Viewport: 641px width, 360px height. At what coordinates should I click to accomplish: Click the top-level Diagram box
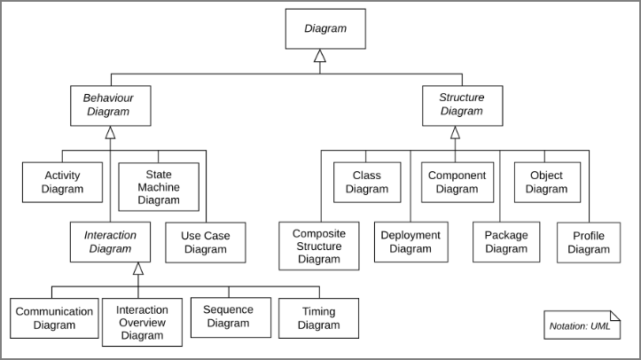click(x=325, y=29)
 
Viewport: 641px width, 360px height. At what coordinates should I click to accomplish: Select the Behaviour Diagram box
click(x=111, y=105)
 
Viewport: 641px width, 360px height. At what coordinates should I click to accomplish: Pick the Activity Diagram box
click(x=62, y=183)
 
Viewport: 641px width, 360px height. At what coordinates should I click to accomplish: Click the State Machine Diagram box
click(x=159, y=187)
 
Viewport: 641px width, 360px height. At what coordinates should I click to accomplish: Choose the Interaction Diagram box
click(x=111, y=242)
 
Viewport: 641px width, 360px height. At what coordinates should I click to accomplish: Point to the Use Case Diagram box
click(x=205, y=242)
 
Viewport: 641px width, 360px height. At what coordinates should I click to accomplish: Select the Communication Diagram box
click(x=54, y=318)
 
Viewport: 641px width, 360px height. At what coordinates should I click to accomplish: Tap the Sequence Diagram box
click(x=228, y=316)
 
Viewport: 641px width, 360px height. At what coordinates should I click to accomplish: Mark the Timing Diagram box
click(x=318, y=318)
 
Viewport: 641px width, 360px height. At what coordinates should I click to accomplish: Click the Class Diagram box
click(x=367, y=182)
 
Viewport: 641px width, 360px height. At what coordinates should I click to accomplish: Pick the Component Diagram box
click(x=457, y=182)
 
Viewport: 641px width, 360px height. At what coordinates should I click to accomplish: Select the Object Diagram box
click(x=546, y=182)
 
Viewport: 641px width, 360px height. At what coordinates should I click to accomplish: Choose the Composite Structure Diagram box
click(x=319, y=246)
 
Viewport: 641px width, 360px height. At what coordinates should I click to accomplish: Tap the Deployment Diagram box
click(x=410, y=242)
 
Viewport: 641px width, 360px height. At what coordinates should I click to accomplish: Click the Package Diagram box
click(x=506, y=242)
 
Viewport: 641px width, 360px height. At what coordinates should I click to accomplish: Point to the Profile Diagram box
click(x=589, y=242)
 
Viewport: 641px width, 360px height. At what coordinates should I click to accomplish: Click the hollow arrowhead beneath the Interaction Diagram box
click(x=137, y=269)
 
